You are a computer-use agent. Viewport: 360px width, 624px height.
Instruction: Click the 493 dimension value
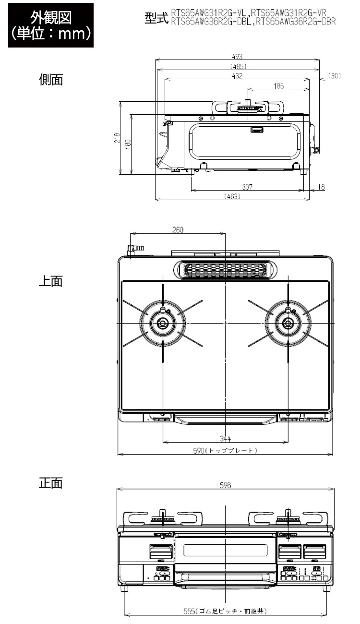(x=237, y=56)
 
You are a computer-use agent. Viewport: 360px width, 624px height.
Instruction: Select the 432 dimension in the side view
(x=237, y=76)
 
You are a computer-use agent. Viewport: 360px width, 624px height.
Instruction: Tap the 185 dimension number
(x=278, y=86)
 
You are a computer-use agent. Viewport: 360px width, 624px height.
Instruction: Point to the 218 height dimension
(x=117, y=138)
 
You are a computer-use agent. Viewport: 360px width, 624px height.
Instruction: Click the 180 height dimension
(x=128, y=144)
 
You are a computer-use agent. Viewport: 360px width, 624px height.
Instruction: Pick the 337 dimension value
(x=247, y=187)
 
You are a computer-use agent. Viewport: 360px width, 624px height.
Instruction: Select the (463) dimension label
(x=232, y=196)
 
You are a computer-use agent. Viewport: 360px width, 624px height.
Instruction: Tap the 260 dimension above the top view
(x=178, y=229)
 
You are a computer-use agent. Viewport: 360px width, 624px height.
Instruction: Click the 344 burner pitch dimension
(x=225, y=438)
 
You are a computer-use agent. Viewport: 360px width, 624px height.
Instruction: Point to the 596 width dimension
(x=225, y=485)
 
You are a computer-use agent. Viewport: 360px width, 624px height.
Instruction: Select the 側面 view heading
(x=51, y=80)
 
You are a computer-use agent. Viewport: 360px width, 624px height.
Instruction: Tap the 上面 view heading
(x=51, y=281)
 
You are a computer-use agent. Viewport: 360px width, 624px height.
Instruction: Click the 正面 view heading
(x=51, y=483)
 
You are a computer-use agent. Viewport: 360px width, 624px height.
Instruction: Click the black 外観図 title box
(x=51, y=25)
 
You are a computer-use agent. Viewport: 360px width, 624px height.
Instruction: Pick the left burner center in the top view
(x=162, y=323)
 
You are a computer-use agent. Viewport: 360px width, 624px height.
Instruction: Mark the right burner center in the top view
(x=288, y=323)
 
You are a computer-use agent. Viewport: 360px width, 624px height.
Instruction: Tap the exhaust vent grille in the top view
(x=225, y=270)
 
